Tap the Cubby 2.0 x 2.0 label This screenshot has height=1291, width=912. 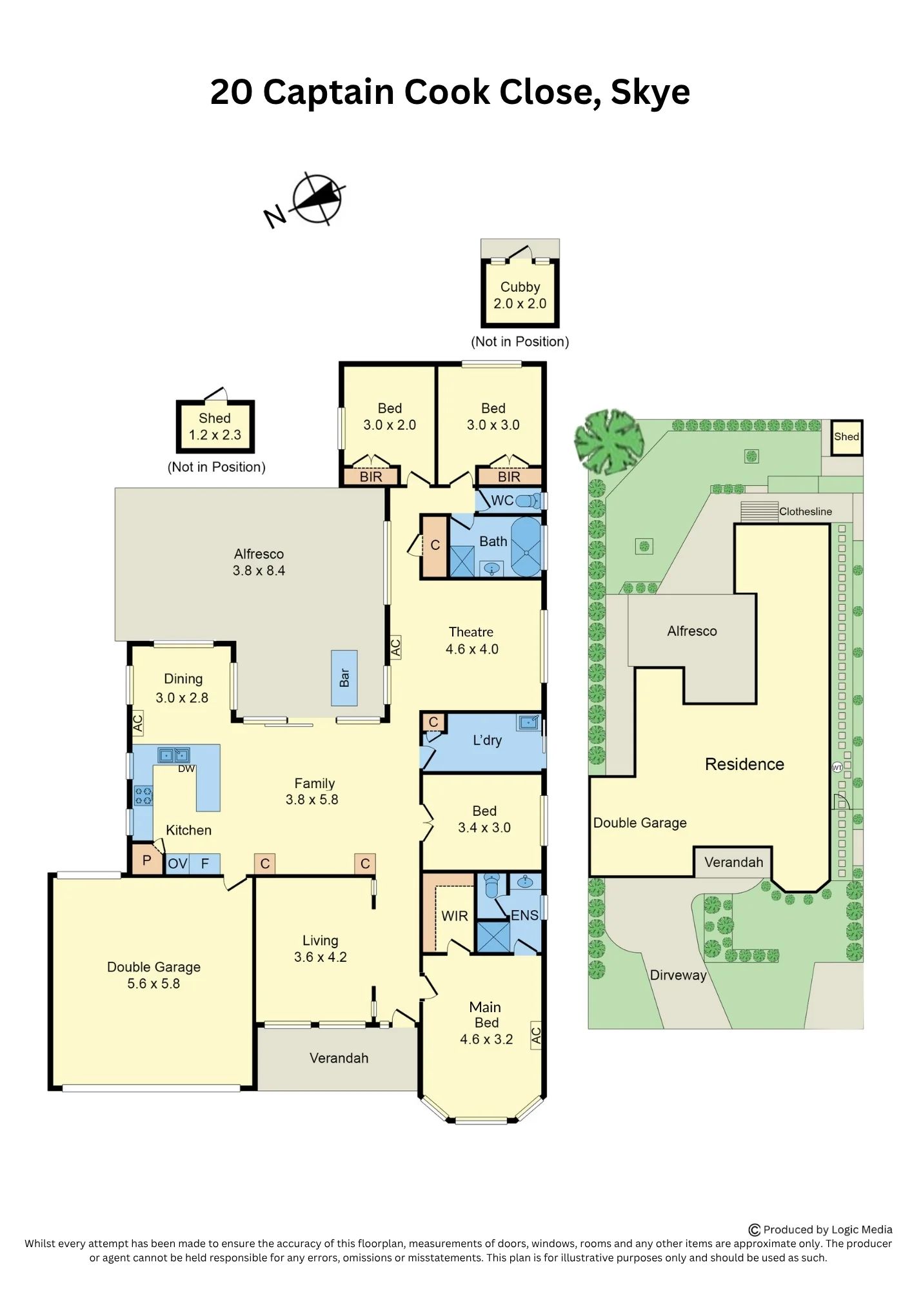tap(520, 295)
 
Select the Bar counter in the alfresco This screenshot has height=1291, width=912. tap(344, 678)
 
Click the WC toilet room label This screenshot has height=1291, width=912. tap(502, 500)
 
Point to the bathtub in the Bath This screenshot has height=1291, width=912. tap(526, 546)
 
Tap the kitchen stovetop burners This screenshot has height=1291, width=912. tap(143, 795)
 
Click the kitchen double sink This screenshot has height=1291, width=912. tap(174, 755)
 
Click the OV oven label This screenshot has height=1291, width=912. tap(177, 864)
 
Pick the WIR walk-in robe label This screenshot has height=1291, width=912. tap(455, 915)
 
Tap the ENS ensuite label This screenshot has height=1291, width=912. tap(524, 915)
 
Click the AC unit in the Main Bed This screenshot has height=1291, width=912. tap(536, 1035)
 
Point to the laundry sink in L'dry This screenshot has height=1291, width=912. tap(529, 722)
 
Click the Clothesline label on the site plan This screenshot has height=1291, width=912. tap(806, 511)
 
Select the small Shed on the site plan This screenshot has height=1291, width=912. tap(846, 437)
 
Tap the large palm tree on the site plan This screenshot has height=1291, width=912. tap(608, 441)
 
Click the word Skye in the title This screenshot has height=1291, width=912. tap(650, 92)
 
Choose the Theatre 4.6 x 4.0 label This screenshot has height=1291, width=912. tap(472, 640)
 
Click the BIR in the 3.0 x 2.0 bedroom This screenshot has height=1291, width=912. tap(371, 476)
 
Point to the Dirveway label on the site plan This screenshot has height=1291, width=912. tap(678, 975)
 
